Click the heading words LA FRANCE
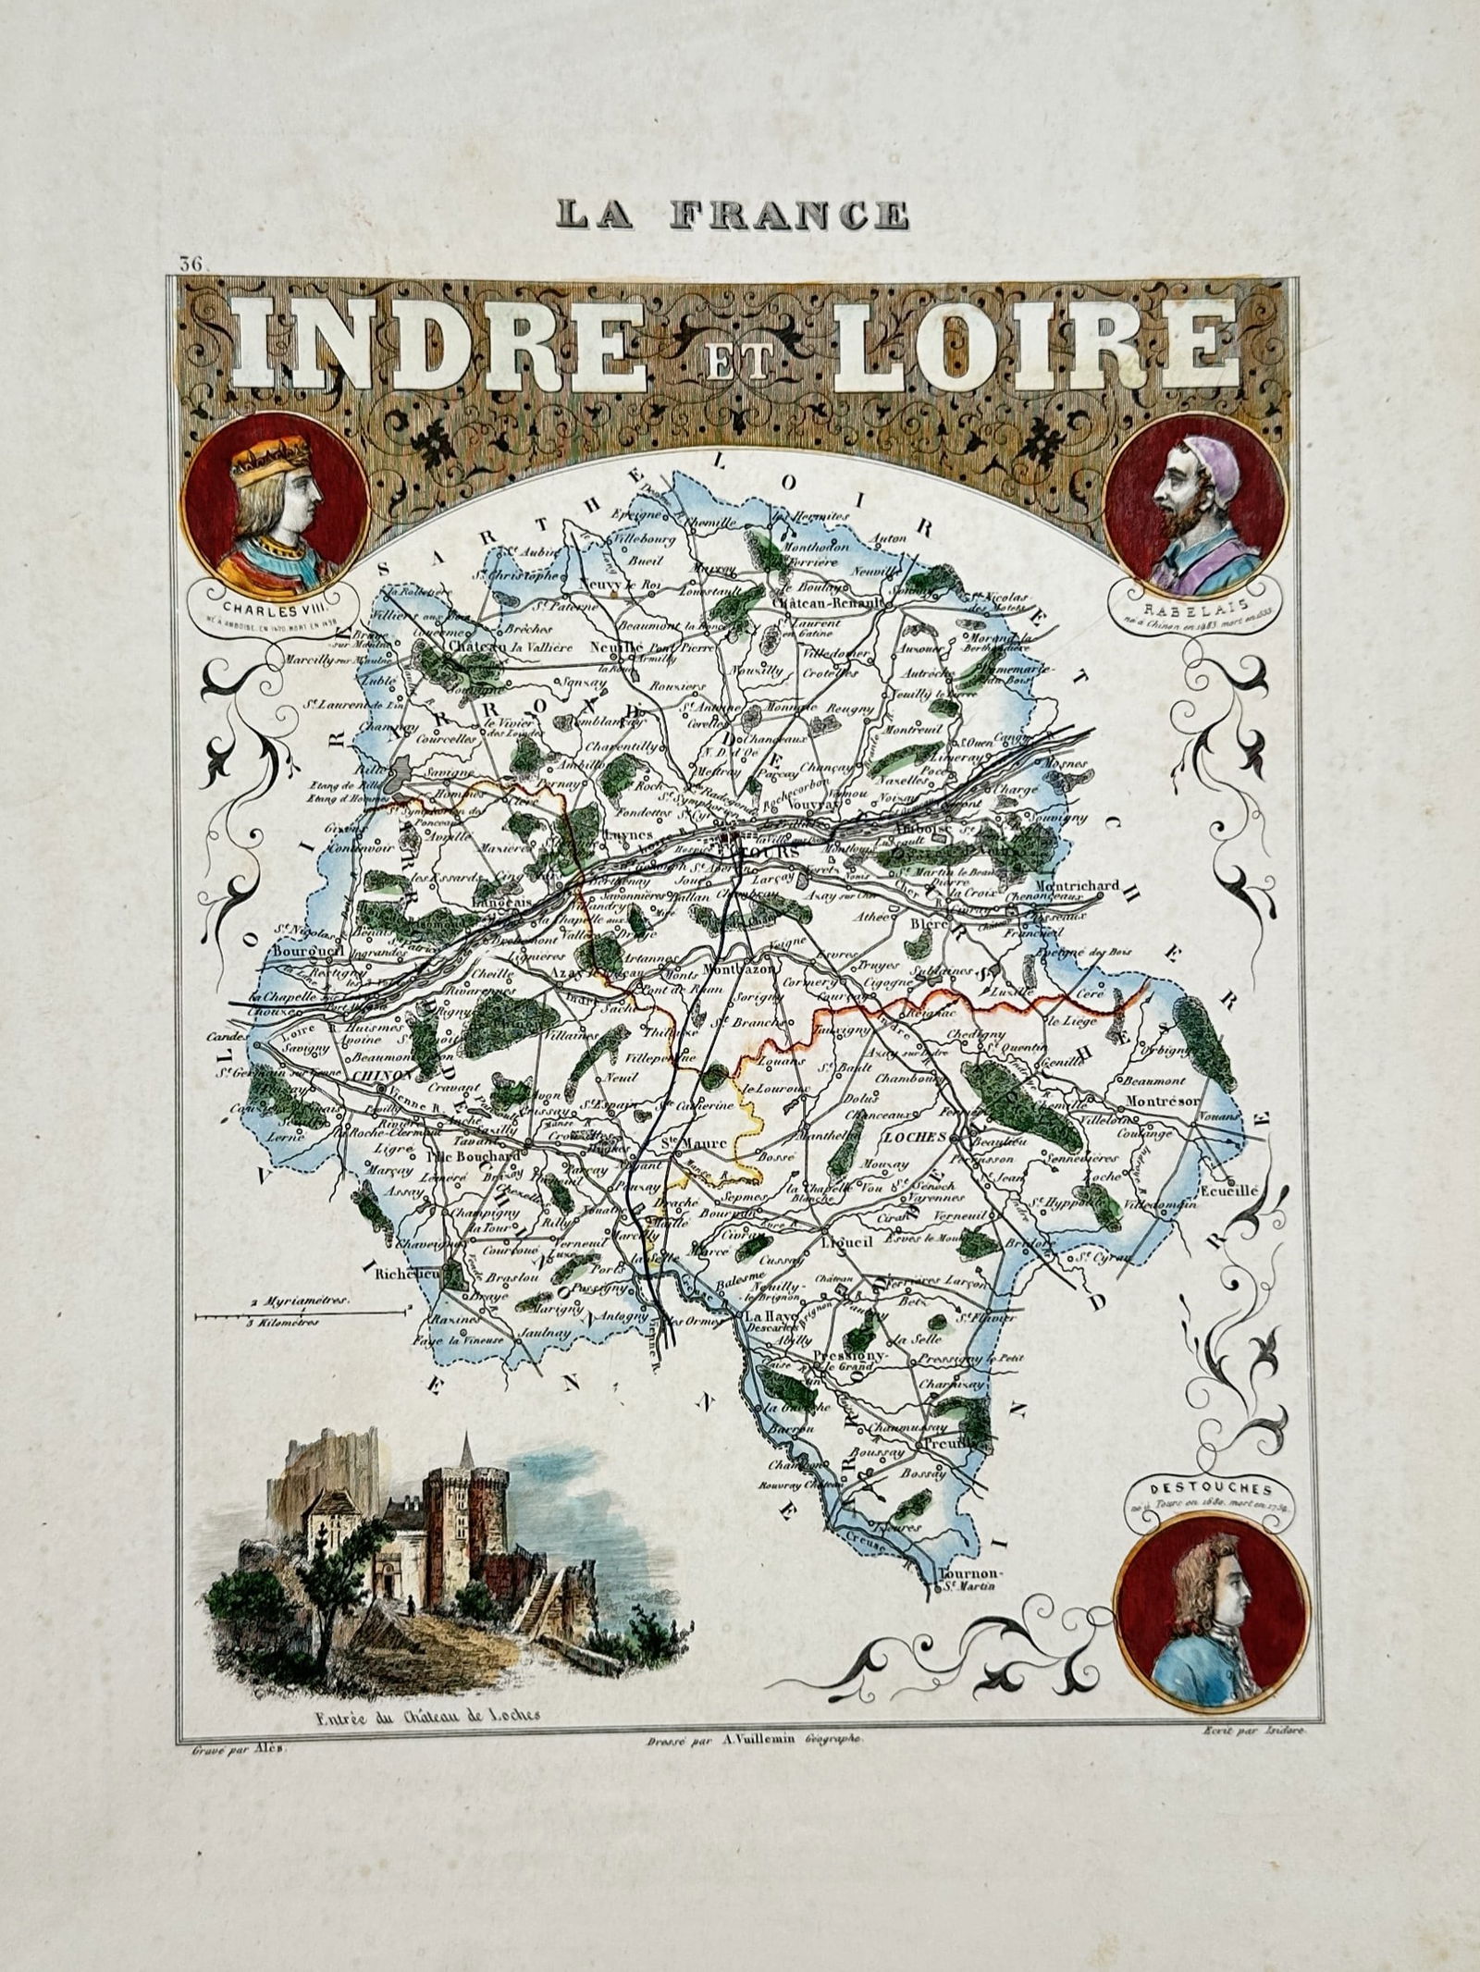[x=732, y=215]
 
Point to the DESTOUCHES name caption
[x=1202, y=1490]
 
